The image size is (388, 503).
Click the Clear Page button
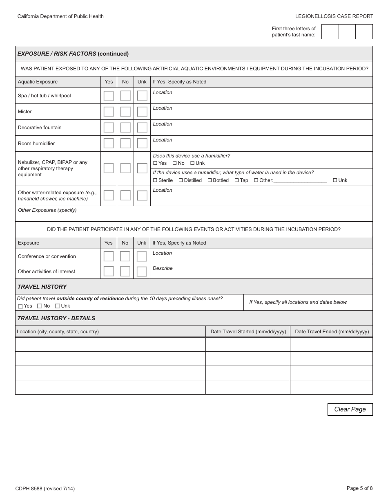(350, 409)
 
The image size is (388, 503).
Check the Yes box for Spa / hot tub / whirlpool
(109, 96)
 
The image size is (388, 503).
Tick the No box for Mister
(125, 112)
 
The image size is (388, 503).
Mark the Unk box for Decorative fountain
(142, 128)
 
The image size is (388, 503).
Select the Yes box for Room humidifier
(109, 143)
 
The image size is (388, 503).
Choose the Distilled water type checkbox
(181, 180)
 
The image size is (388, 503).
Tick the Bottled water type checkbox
(210, 180)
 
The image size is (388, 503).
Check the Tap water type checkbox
(237, 180)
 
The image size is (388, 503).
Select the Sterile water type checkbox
(155, 180)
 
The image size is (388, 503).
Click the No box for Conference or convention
(125, 256)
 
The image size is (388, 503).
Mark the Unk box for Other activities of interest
(142, 272)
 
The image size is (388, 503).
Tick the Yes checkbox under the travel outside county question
(20, 306)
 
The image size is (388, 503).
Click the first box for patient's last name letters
(330, 32)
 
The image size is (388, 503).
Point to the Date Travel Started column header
(248, 332)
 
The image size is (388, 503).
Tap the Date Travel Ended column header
(332, 332)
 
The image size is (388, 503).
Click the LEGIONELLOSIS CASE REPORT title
(334, 16)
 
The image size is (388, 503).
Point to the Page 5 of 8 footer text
(359, 488)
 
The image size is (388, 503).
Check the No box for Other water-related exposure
(125, 195)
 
